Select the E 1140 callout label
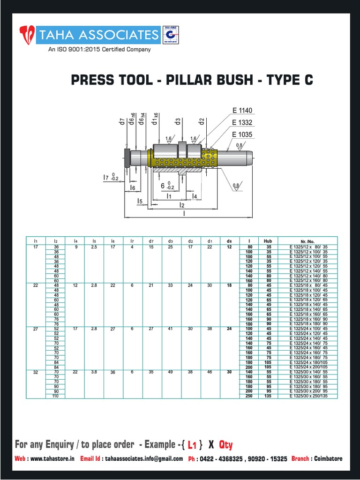pyautogui.click(x=242, y=111)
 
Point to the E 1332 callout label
pyautogui.click(x=242, y=123)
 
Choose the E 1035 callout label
pyautogui.click(x=242, y=135)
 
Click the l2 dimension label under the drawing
pyautogui.click(x=182, y=205)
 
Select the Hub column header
pyautogui.click(x=268, y=241)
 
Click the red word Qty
pyautogui.click(x=226, y=444)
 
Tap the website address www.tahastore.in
pyautogui.click(x=52, y=459)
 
